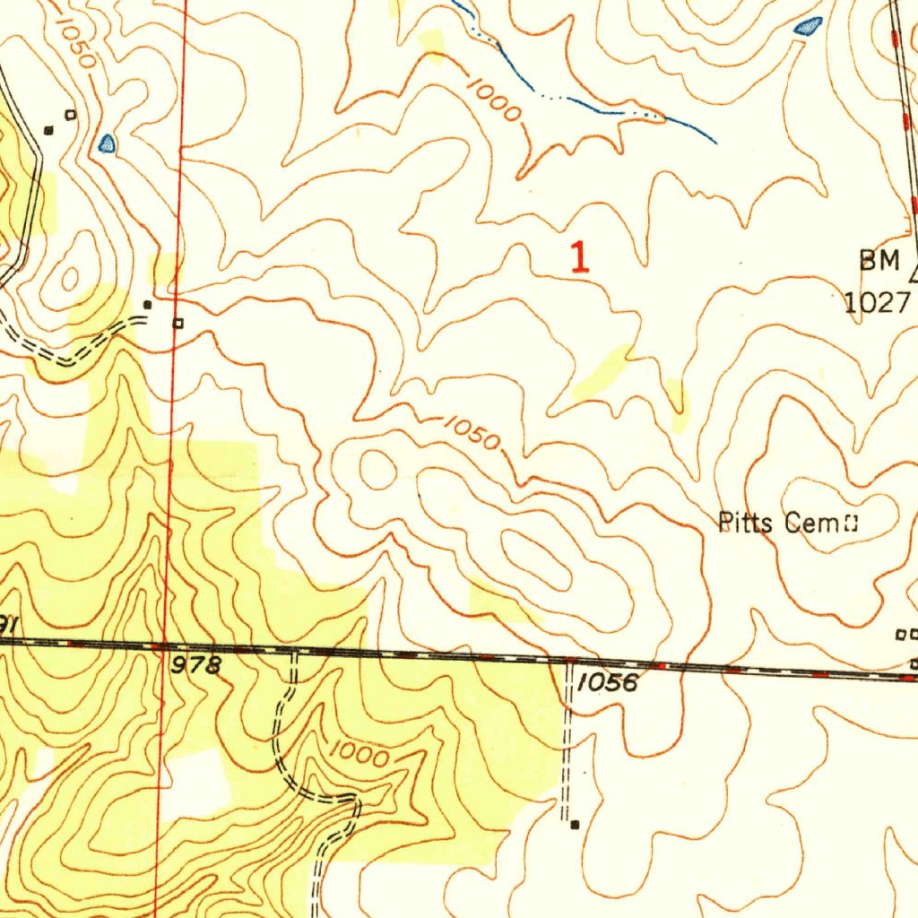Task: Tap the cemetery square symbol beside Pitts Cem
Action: (848, 522)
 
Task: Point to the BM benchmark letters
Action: (879, 261)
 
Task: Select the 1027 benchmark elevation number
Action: (876, 302)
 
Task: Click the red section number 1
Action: (581, 258)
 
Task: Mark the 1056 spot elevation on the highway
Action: (607, 683)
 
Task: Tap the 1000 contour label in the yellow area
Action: (359, 755)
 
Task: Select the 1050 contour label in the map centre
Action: (471, 433)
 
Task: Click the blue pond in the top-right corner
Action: (809, 27)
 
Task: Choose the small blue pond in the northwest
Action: (107, 143)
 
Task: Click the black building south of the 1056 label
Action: (575, 824)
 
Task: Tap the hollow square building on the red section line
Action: (178, 323)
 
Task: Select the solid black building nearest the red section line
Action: (148, 305)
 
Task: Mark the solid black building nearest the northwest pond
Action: (49, 130)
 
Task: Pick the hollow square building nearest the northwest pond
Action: (71, 114)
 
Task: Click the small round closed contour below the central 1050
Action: (377, 470)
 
